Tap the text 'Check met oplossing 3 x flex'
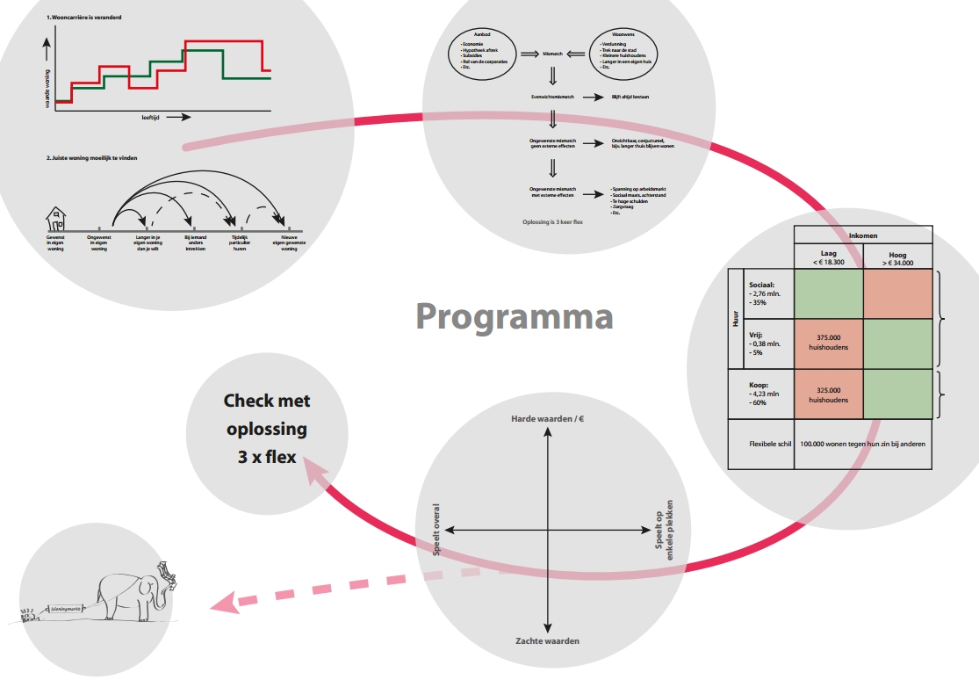point(266,429)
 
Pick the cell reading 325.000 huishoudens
point(827,394)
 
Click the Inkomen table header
point(862,235)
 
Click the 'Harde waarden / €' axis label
point(548,419)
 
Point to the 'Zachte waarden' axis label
point(547,640)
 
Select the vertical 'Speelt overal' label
point(436,530)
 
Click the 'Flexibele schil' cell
point(759,444)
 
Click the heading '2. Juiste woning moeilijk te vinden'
point(92,158)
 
